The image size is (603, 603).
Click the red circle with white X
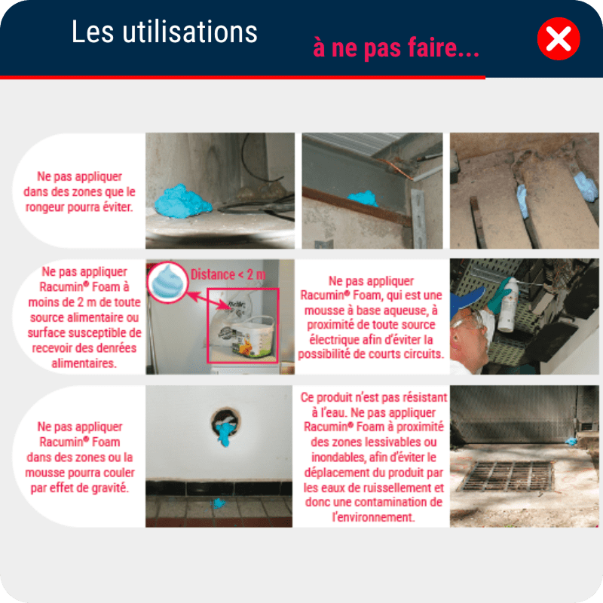(x=559, y=39)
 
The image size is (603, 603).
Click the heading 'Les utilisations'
(x=164, y=32)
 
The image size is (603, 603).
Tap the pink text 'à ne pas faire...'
(x=396, y=48)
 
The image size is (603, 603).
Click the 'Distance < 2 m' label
(x=228, y=274)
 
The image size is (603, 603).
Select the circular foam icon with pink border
(x=167, y=282)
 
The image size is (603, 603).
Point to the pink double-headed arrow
(x=209, y=301)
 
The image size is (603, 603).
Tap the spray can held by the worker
(x=508, y=305)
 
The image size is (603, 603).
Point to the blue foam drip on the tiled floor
(x=219, y=503)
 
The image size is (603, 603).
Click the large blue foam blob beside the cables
(x=182, y=201)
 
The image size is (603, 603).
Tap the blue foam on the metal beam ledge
(x=363, y=199)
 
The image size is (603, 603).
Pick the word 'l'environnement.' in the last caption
(x=374, y=517)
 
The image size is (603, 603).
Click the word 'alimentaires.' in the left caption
(x=84, y=363)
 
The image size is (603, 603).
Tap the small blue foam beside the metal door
(x=571, y=442)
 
